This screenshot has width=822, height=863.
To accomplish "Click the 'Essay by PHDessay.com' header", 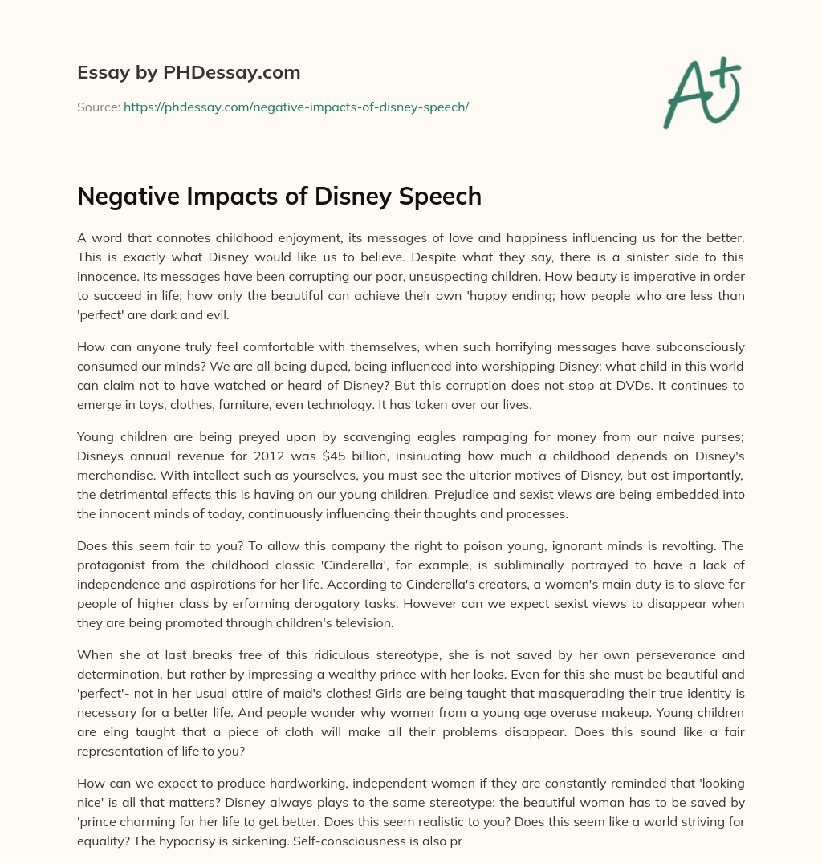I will (189, 73).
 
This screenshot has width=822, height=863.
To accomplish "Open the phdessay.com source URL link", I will (295, 107).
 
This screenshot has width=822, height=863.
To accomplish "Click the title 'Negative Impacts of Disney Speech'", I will (279, 196).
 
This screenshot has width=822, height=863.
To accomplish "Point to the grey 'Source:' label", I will (99, 107).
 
